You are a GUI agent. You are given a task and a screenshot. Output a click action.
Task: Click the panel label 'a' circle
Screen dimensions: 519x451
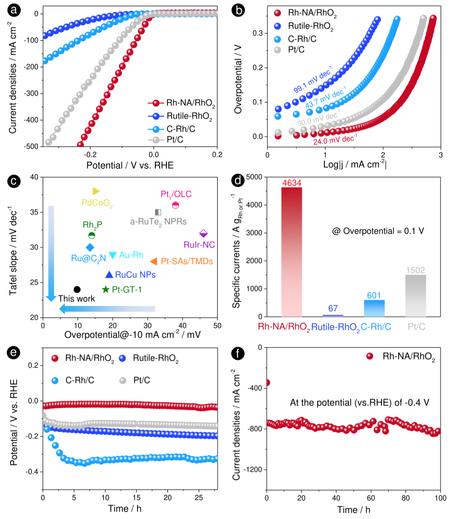11,9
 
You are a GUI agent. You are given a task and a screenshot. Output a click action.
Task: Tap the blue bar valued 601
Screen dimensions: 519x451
374,308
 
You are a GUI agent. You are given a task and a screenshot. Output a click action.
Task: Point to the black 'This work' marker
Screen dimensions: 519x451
77,289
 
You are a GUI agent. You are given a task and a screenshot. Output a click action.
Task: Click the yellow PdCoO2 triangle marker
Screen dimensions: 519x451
96,191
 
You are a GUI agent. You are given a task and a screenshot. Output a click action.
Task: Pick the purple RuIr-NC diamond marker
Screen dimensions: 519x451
204,233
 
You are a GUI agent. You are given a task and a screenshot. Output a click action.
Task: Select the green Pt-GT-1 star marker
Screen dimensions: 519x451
106,289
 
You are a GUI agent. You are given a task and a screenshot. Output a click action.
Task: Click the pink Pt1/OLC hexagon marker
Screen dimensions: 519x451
176,205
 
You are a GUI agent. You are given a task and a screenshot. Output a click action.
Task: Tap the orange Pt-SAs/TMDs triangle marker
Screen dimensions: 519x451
154,261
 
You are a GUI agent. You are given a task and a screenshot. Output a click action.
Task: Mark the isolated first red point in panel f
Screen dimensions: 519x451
267,382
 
